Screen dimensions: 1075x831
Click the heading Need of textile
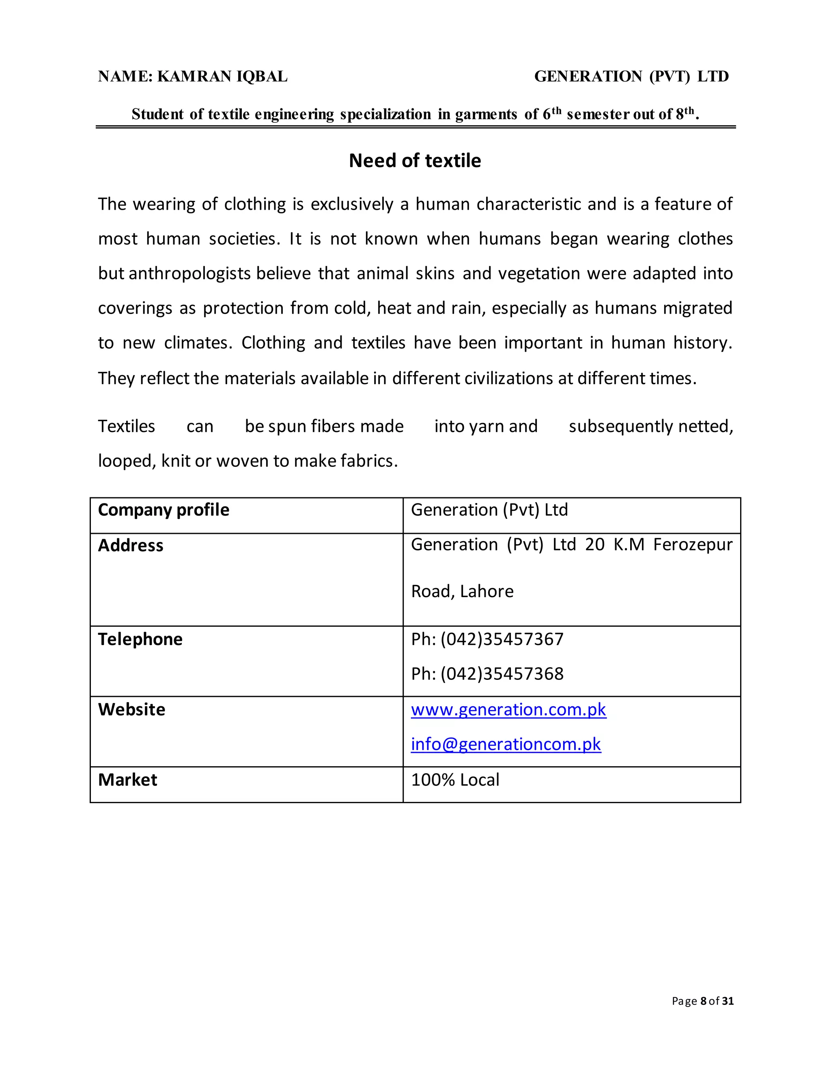[415, 161]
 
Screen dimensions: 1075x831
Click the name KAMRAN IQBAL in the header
[222, 76]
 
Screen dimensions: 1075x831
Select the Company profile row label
[164, 510]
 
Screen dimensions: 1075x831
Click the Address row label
[131, 545]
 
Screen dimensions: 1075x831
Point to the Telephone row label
[140, 639]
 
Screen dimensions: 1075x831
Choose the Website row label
[131, 709]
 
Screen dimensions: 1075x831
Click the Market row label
[127, 780]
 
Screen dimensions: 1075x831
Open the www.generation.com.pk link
[508, 709]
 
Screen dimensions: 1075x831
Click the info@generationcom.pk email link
[506, 744]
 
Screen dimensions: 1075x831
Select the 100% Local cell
[455, 780]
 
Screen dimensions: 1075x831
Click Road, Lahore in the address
[462, 591]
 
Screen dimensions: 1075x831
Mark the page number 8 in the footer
[704, 1001]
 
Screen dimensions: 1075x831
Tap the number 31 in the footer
[728, 1001]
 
